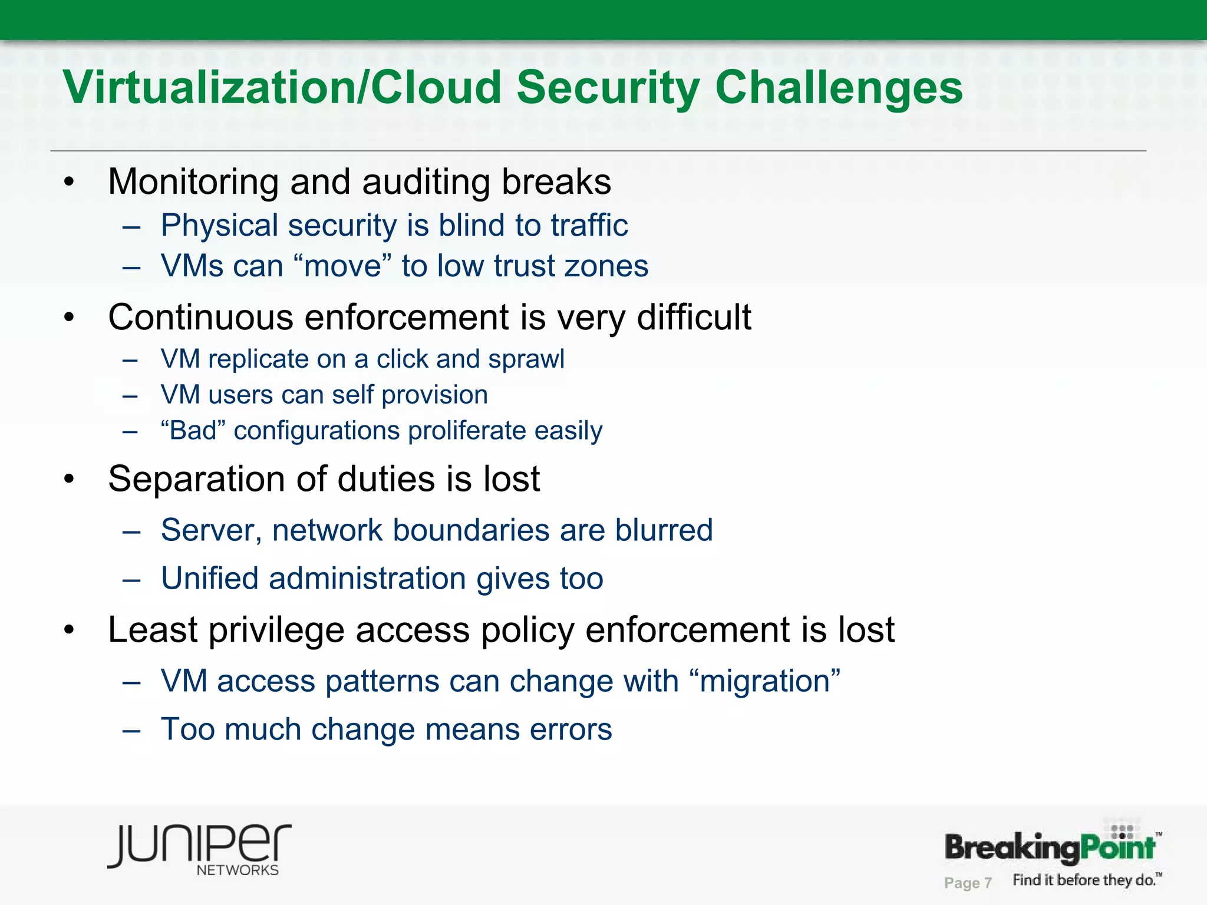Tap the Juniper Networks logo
point(199,849)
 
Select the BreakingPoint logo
point(1051,847)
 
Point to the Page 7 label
point(968,883)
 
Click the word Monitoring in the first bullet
point(193,182)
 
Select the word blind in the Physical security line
point(471,226)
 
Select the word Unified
point(210,578)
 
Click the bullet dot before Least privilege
point(70,630)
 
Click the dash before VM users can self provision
point(130,395)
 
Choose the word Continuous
point(200,318)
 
